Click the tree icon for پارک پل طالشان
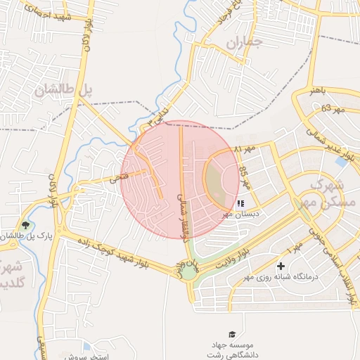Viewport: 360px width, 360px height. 26,226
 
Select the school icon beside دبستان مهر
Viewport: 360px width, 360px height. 241,203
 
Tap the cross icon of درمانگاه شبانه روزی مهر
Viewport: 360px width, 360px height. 281,266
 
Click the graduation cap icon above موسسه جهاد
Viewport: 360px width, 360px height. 232,333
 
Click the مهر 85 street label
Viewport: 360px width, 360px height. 243,180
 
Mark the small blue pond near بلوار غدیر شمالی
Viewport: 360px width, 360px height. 341,161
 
